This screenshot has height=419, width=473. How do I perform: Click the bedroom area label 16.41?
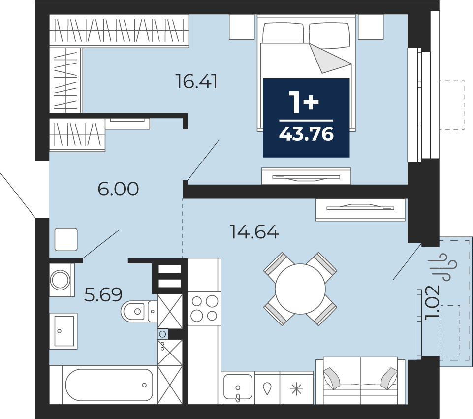196,82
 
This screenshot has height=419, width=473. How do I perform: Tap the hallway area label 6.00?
118,189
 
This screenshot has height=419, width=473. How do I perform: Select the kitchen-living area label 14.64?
254,232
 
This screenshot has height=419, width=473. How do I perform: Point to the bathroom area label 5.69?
103,295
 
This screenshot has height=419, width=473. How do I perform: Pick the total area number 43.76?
306,134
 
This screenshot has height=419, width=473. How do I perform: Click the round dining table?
300,289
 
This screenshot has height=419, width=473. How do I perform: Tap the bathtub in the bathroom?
109,385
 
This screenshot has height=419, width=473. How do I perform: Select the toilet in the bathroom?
139,311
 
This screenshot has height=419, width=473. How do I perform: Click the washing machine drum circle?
60,280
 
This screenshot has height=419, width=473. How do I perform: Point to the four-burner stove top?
205,309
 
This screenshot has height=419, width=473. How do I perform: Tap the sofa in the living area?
360,380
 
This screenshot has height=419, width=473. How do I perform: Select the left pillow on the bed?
283,33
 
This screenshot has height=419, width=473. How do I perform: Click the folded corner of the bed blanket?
331,58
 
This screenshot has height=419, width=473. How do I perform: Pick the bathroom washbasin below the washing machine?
63,331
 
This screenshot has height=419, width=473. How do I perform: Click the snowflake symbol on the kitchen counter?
296,389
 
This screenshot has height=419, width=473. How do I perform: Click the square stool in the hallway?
66,239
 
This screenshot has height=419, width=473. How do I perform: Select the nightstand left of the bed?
242,27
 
